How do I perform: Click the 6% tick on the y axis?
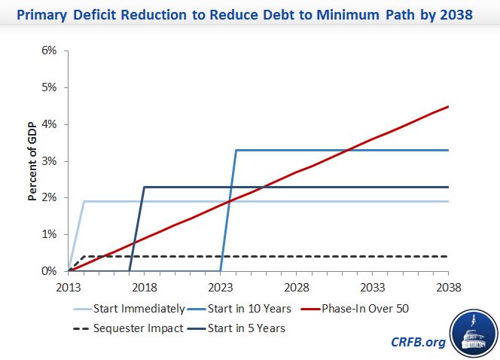point(50,50)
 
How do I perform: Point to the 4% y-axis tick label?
point(50,124)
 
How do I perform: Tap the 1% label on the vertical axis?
point(50,234)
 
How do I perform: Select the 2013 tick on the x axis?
point(68,286)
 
